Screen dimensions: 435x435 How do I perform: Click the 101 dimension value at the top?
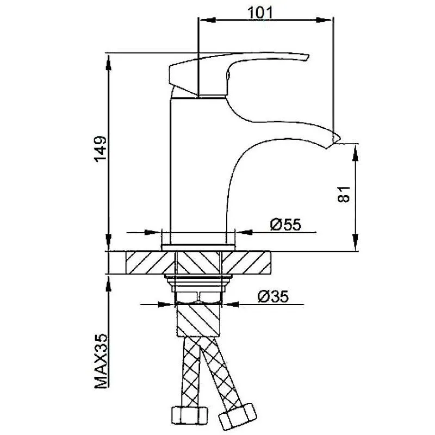(260, 13)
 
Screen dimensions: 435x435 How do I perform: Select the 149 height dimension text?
(100, 149)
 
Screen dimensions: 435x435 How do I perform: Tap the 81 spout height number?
(344, 194)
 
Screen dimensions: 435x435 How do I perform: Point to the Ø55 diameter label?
(285, 225)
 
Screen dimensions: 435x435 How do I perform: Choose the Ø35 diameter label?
(274, 296)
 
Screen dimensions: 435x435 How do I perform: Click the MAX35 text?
(101, 361)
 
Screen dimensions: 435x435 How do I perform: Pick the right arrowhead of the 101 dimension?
(324, 20)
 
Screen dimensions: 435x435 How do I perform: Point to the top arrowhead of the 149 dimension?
(108, 63)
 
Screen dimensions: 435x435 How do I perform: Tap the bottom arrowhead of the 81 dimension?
(355, 242)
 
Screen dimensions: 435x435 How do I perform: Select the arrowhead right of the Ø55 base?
(244, 232)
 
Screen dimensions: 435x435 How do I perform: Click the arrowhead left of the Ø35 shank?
(166, 304)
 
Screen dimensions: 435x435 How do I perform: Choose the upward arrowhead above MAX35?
(108, 284)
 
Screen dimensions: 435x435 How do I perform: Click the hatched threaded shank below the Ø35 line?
(198, 320)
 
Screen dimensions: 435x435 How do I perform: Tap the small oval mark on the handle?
(228, 75)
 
